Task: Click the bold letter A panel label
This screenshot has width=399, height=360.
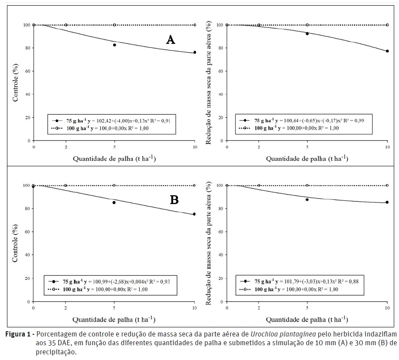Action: tap(171, 40)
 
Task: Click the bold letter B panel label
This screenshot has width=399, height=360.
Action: tap(174, 200)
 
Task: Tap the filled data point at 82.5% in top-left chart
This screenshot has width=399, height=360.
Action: tap(114, 45)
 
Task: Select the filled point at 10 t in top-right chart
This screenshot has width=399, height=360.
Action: tap(387, 51)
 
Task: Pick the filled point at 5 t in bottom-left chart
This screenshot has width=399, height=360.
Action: tap(114, 202)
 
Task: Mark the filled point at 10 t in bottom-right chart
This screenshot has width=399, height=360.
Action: tap(387, 202)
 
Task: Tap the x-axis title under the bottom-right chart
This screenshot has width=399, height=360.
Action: tap(307, 320)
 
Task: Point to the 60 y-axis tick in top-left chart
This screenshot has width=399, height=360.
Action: tap(27, 71)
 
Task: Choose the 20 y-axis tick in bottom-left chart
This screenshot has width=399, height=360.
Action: tap(27, 279)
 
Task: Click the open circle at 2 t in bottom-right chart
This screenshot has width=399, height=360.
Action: tap(259, 185)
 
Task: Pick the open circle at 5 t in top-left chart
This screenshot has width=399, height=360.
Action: tap(114, 25)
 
